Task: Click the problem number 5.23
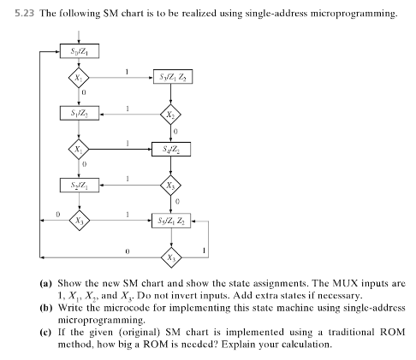click(x=25, y=14)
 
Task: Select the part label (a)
click(x=46, y=283)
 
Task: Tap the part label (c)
click(x=46, y=333)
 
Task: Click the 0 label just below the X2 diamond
click(x=175, y=132)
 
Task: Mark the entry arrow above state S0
click(x=79, y=38)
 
